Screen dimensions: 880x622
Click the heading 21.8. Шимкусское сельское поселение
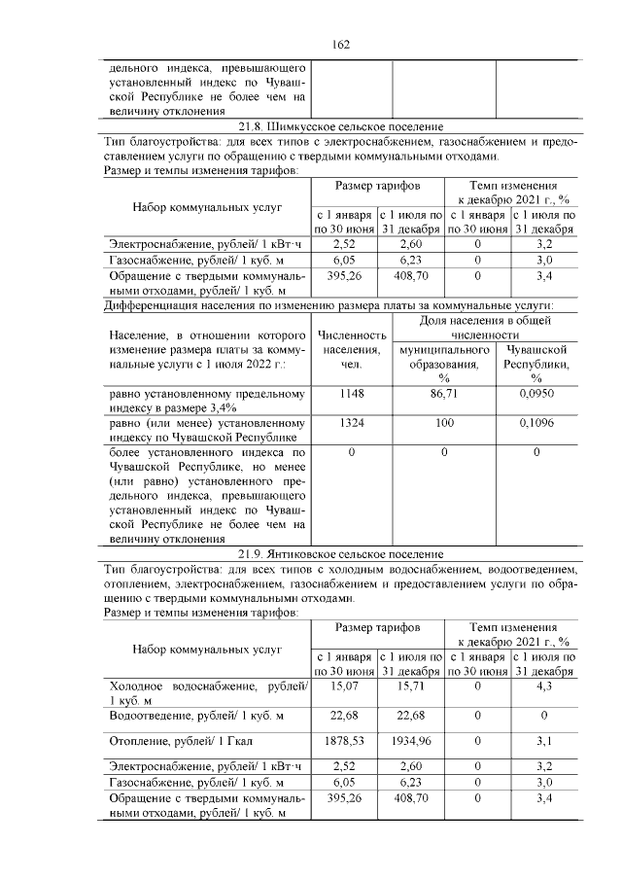340,126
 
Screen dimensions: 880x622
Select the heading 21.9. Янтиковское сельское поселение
340,553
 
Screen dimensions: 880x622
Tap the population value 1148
352,395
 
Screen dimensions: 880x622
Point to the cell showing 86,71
443,395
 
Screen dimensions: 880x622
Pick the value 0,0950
536,395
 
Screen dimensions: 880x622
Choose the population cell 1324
352,424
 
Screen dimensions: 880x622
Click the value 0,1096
536,424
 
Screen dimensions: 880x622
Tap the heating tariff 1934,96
411,740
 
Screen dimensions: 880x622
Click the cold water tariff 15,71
411,686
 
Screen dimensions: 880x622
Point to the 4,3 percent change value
544,686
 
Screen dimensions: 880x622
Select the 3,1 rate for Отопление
544,740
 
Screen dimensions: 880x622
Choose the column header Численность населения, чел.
352,349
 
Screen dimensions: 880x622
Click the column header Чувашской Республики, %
536,363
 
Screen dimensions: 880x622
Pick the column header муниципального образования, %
443,363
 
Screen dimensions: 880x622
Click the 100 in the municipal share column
443,424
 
